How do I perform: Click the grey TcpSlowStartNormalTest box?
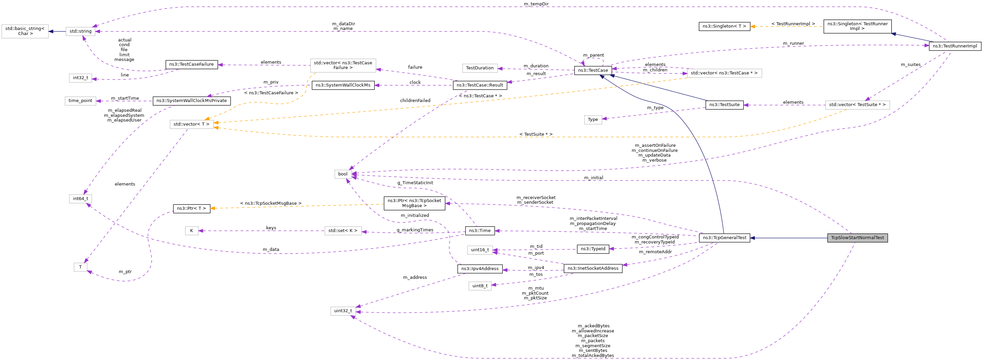point(857,238)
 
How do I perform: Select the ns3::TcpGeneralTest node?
point(724,238)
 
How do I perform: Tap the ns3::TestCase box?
point(593,70)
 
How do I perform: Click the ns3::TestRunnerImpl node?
point(954,46)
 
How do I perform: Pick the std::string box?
point(80,31)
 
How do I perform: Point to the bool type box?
point(342,174)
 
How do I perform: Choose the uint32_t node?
point(343,311)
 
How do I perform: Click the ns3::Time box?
point(480,231)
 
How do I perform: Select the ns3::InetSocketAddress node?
point(593,268)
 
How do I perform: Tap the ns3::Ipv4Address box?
point(480,269)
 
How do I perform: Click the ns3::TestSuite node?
point(724,105)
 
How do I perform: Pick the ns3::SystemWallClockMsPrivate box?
point(191,101)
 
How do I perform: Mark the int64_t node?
point(80,198)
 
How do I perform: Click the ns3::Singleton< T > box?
point(724,26)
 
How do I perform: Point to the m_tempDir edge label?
point(536,4)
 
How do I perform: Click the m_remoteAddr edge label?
point(655,252)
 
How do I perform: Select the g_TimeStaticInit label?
point(415,183)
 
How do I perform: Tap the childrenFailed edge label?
point(415,101)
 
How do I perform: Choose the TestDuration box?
point(479,68)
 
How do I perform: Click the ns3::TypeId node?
point(593,249)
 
